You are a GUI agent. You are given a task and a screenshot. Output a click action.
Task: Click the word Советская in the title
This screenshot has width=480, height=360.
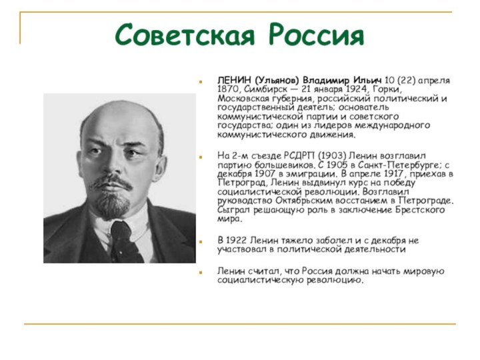click(188, 34)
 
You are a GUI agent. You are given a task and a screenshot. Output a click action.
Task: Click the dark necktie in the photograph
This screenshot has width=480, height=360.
click(122, 239)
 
